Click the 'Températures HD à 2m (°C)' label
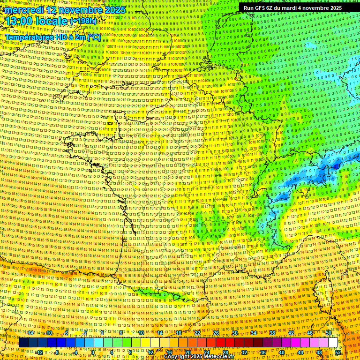click(52, 37)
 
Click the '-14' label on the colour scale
click(31, 332)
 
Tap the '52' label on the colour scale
click(338, 352)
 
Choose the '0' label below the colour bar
click(93, 352)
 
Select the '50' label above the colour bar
click(329, 332)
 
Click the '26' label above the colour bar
click(216, 332)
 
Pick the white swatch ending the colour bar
click(333, 343)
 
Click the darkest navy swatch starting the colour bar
click(23, 343)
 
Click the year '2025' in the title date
click(114, 10)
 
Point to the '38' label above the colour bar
click(272, 332)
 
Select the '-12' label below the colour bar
click(40, 352)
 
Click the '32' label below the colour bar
click(244, 352)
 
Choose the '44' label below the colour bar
click(300, 352)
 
